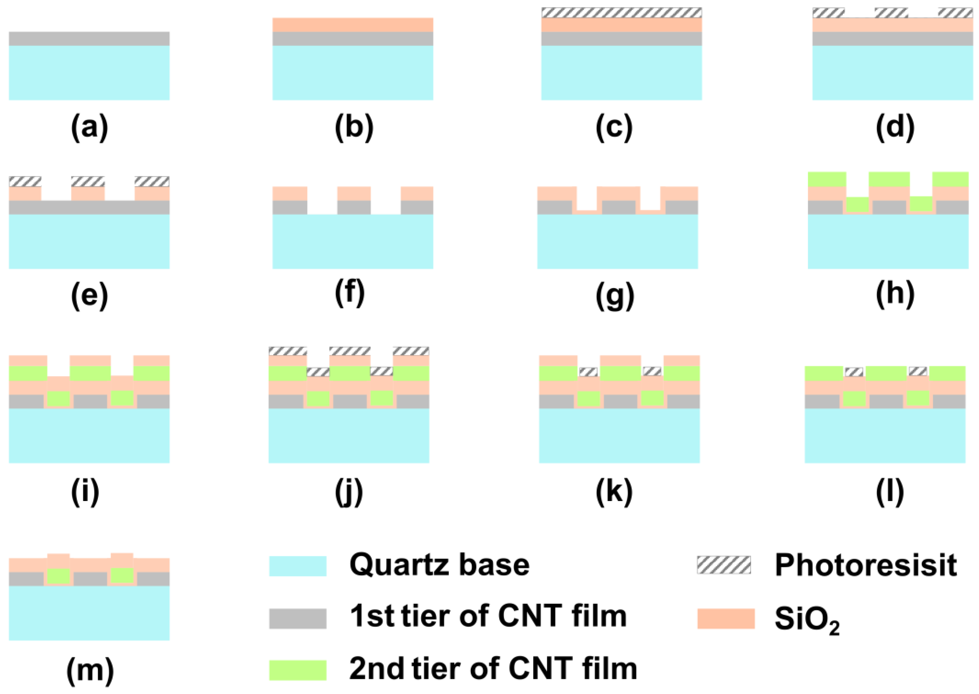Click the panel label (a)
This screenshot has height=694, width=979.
[89, 127]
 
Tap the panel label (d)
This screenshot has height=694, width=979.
[895, 127]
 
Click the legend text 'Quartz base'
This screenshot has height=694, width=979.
[439, 565]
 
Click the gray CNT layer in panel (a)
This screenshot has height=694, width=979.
[89, 39]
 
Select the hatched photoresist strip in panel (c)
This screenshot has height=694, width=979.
[621, 13]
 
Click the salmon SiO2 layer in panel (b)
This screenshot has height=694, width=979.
[352, 25]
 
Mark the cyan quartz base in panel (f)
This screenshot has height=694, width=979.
[352, 241]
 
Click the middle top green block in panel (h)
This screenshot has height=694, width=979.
[889, 179]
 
